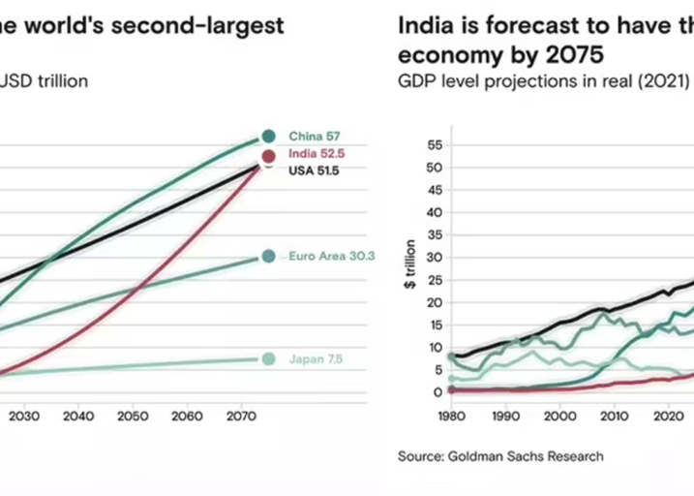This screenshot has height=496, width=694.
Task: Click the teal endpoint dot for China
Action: tap(268, 137)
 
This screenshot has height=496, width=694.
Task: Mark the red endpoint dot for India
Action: tap(268, 156)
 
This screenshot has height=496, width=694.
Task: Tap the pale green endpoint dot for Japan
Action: tap(268, 359)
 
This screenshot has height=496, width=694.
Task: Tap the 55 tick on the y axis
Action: tap(433, 145)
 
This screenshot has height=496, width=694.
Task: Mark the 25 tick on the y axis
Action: tap(433, 280)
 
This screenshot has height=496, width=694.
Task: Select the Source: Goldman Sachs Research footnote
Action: tap(500, 455)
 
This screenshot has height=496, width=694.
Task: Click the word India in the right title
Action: tap(423, 25)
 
